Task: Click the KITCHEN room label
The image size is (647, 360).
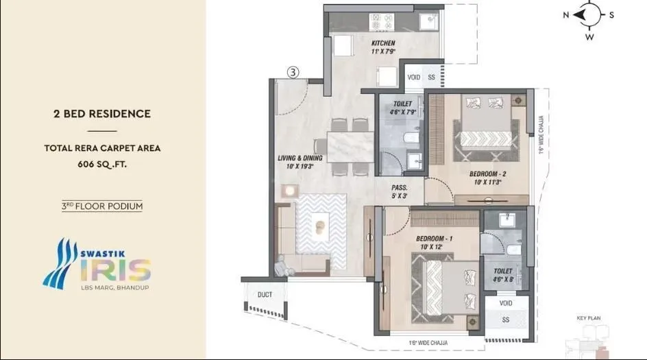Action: pos(384,47)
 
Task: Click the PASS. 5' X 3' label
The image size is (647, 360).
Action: pos(400,191)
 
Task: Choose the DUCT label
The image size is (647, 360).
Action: pos(265,294)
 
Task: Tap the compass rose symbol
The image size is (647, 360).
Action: pos(589,14)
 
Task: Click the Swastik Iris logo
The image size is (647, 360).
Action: pos(96,263)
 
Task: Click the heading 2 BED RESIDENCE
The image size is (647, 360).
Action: pos(102,114)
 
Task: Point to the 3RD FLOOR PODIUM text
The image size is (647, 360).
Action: pos(102,205)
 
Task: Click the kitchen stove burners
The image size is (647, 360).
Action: pos(379,23)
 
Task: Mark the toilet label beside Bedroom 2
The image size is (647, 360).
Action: pos(402,108)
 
